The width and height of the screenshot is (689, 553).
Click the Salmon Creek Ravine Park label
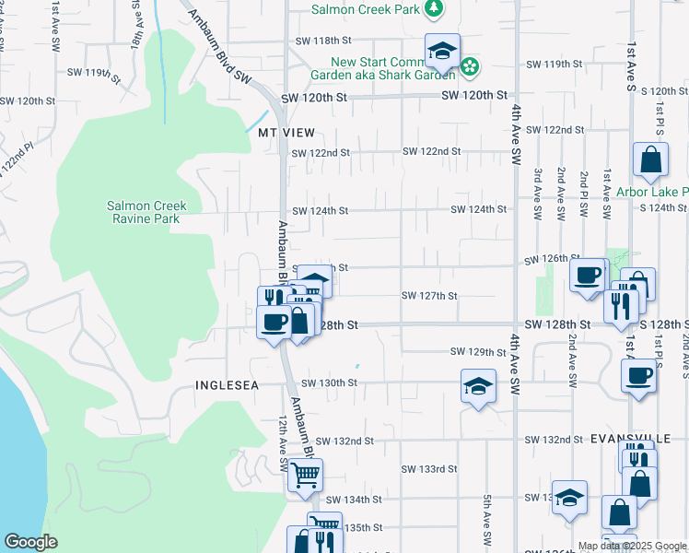146,212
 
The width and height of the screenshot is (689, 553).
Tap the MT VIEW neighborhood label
280,133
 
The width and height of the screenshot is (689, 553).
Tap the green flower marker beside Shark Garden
470,66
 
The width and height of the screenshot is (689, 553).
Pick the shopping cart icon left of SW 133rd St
304,476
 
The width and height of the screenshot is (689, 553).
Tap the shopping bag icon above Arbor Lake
650,159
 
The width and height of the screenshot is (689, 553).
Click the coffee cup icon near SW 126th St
587,275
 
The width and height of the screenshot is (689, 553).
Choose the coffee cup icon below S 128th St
638,375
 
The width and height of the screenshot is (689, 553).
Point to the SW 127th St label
430,296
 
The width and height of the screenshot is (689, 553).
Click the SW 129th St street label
479,352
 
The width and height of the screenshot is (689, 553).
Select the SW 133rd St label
429,469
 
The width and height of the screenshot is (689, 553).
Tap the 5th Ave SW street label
486,516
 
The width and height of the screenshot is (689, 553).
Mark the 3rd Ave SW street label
538,193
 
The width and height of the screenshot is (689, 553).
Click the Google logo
31,542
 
